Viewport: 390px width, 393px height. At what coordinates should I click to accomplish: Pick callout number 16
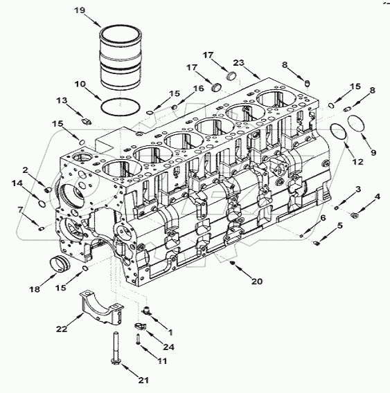click(x=198, y=89)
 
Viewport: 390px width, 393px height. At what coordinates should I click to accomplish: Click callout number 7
click(x=20, y=210)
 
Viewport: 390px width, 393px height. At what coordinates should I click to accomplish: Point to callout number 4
click(x=377, y=197)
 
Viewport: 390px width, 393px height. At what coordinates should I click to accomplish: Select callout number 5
click(x=340, y=226)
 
